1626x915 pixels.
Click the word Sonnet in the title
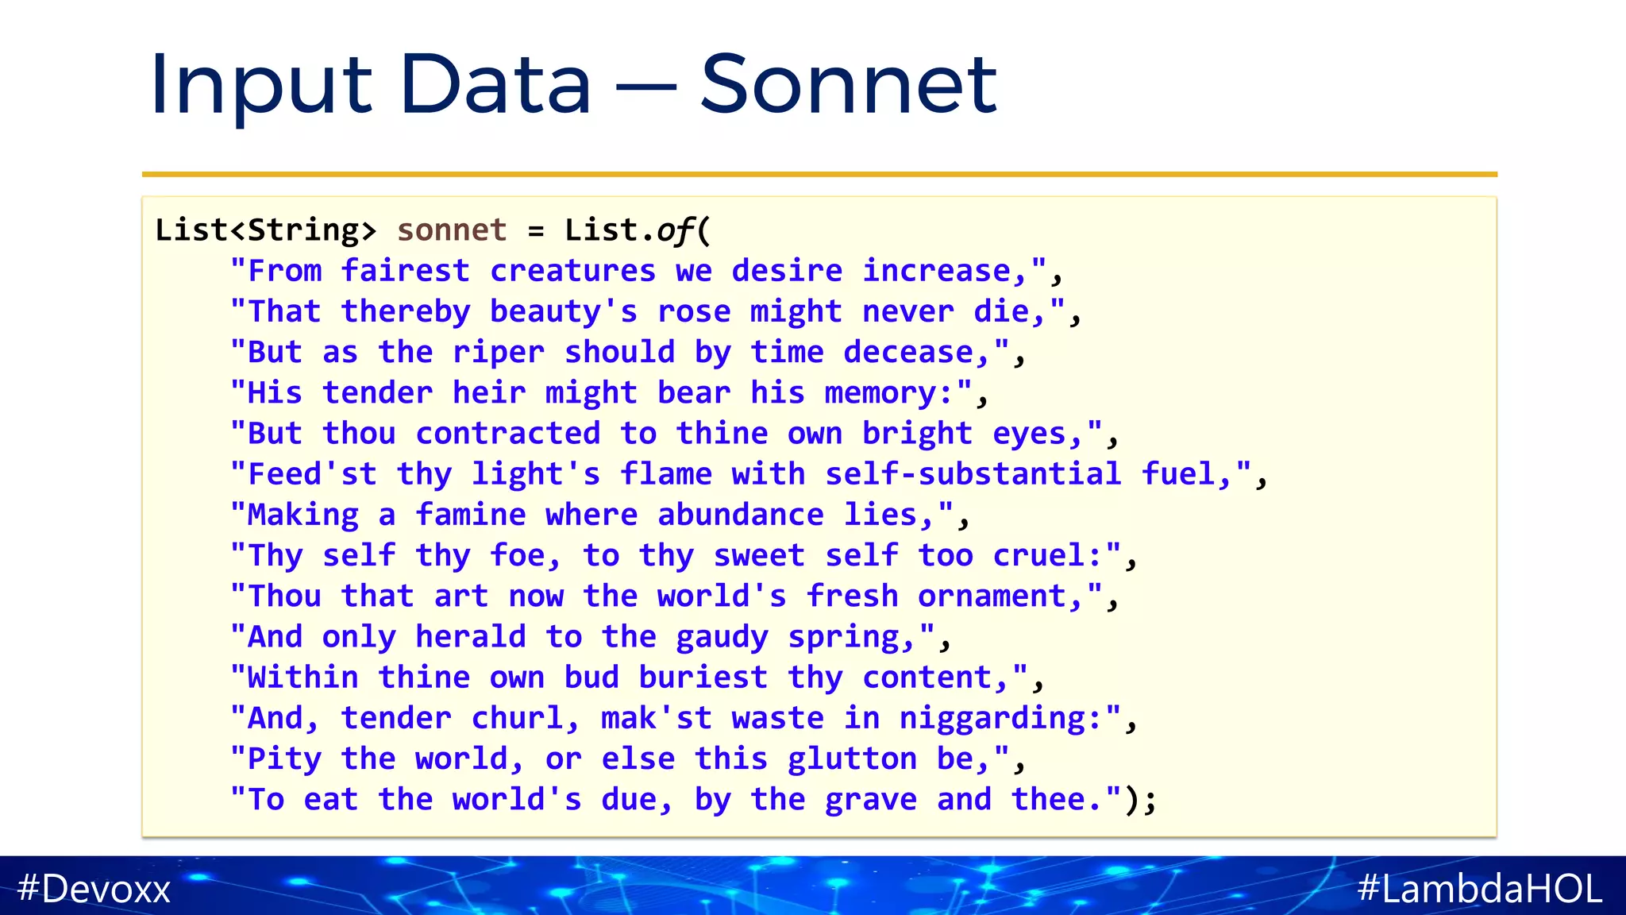[x=848, y=84]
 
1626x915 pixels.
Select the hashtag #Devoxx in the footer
[x=94, y=888]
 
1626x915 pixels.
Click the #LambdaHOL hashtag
[x=1480, y=888]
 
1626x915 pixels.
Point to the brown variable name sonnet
[x=452, y=230]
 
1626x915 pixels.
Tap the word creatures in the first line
[x=573, y=271]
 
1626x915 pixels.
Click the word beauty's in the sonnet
[x=564, y=311]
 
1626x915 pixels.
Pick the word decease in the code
[x=908, y=352]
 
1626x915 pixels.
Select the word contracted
[x=508, y=434]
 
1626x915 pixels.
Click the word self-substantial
[x=973, y=474]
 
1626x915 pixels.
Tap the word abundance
[x=741, y=515]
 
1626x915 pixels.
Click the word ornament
[x=992, y=596]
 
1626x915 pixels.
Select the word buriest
[x=703, y=678]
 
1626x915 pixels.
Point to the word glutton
[x=852, y=759]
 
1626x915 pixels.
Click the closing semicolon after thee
[x=1150, y=801]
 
